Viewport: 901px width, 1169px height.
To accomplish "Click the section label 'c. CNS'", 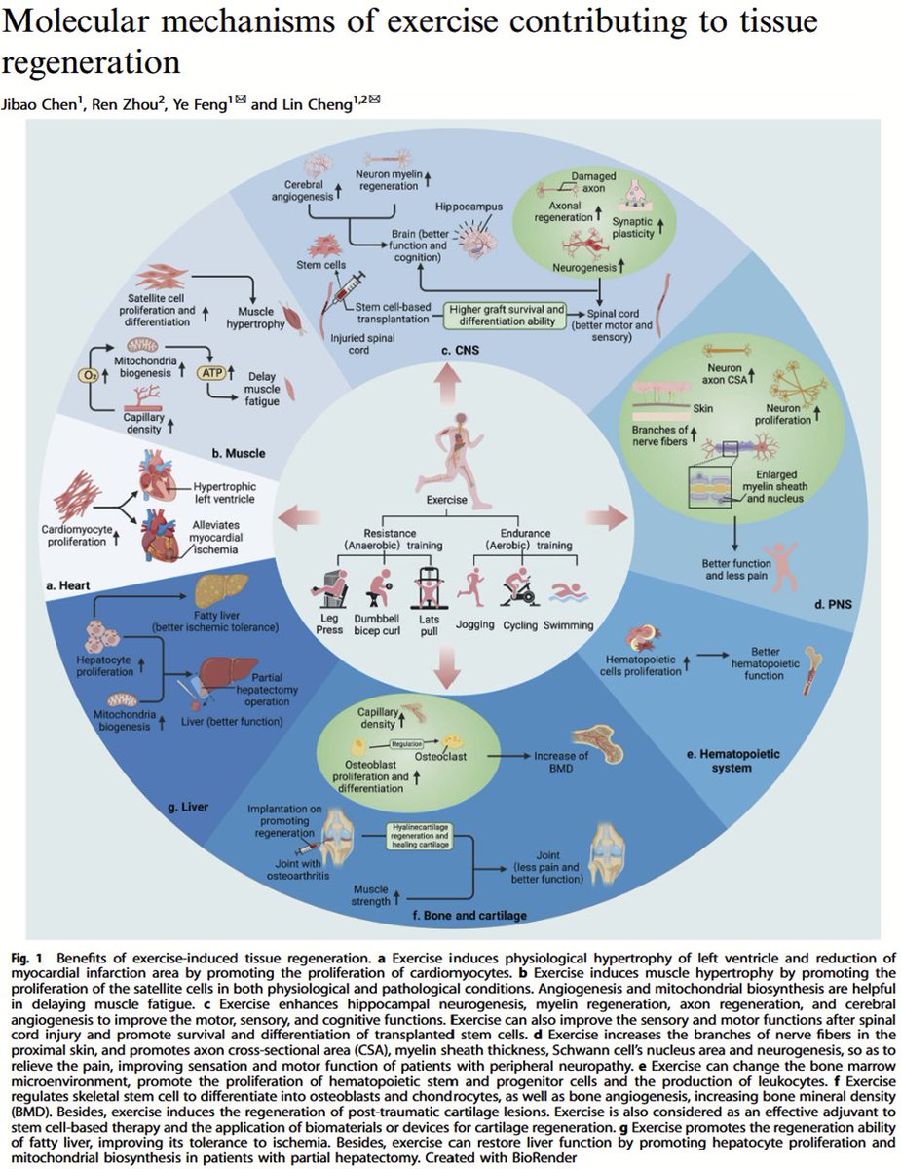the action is tap(460, 351).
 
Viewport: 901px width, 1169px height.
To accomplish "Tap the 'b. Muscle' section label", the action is tap(239, 453).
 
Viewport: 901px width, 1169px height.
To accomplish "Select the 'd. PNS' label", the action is tap(833, 604).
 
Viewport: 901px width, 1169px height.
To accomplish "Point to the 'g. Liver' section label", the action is tap(188, 807).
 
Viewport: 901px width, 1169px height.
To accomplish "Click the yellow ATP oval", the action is tap(212, 372).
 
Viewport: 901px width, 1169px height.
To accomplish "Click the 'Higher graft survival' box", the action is tap(507, 316).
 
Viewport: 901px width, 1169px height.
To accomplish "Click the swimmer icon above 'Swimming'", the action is tap(569, 591).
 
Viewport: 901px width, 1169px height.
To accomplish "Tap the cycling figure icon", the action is tap(519, 586).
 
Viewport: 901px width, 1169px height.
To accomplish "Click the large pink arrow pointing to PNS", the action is tap(607, 517).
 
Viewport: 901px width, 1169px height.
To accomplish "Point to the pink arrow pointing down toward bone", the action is tap(449, 666).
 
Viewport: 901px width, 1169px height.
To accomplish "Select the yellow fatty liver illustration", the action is tap(222, 590).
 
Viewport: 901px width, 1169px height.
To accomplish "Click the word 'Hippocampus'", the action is tap(469, 207).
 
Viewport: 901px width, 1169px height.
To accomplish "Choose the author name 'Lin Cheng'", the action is tap(320, 104).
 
